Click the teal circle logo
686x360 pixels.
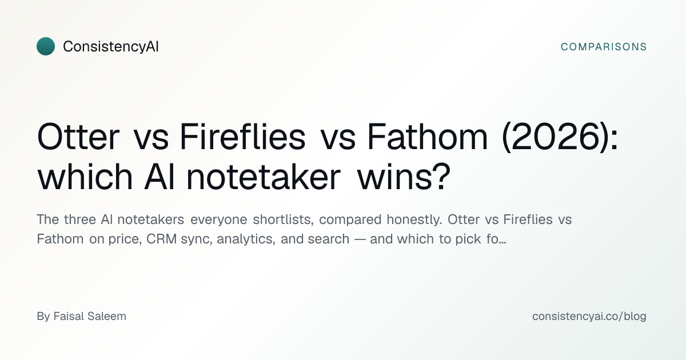(46, 46)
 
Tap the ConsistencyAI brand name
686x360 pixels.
(111, 46)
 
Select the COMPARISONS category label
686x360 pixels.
(604, 47)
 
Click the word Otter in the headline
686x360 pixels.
(78, 137)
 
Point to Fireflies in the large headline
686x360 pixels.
(242, 137)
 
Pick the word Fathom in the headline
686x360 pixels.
(427, 137)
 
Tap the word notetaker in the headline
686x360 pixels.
(264, 177)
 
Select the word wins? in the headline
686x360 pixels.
(404, 177)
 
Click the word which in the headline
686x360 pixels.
(85, 177)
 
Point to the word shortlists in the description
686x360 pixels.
(282, 219)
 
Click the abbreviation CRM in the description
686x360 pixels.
(161, 239)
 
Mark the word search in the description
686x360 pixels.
(328, 239)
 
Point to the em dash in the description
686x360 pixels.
(360, 239)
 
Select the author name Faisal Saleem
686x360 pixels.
(90, 316)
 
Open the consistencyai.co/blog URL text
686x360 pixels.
(589, 316)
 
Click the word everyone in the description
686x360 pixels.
(218, 220)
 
